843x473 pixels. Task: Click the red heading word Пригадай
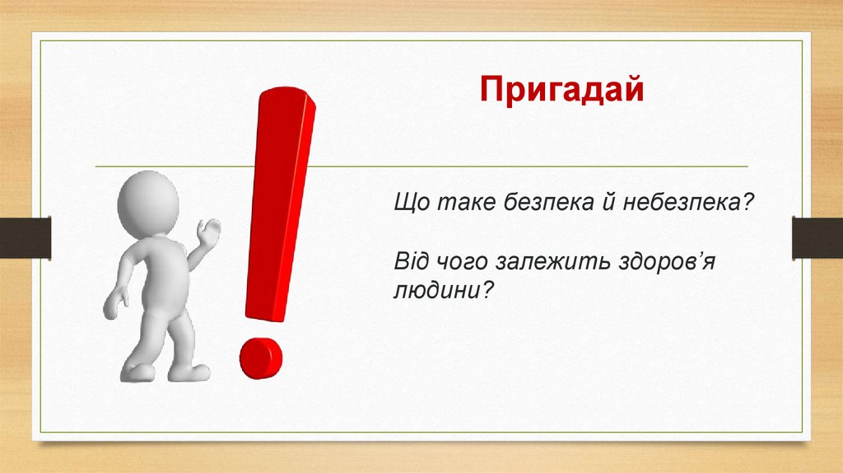pos(561,90)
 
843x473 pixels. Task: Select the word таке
pos(466,203)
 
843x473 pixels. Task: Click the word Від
pos(413,261)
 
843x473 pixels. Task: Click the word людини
pos(435,292)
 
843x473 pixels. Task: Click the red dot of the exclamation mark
pos(261,358)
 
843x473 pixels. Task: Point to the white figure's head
pos(148,203)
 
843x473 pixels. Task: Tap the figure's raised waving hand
pos(208,232)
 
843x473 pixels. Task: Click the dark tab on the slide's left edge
pos(26,238)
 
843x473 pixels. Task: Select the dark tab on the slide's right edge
pos(817,237)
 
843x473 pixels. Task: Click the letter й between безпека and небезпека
pos(609,203)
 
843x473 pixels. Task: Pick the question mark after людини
pos(486,292)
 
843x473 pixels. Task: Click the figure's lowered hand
pos(115,304)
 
